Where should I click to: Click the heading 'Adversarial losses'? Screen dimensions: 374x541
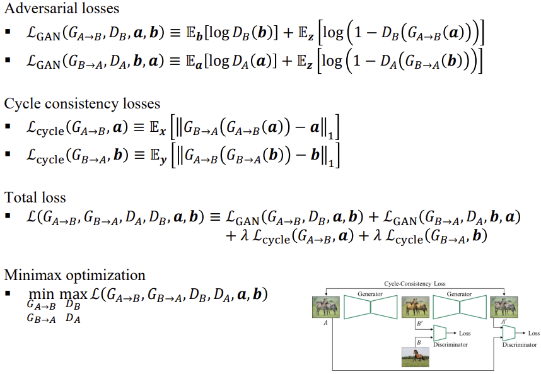(x=62, y=9)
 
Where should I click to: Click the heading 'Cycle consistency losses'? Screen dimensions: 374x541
(x=83, y=103)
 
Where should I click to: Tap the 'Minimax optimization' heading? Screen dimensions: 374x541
(x=75, y=275)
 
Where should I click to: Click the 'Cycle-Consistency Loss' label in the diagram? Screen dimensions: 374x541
(x=415, y=284)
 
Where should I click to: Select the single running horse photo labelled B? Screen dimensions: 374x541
(x=415, y=356)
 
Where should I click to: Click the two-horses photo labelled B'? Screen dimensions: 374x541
(x=415, y=308)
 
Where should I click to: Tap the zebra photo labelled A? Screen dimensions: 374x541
(x=325, y=308)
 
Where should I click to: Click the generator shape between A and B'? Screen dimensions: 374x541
(x=370, y=308)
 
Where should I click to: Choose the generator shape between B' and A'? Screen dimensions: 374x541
(x=459, y=308)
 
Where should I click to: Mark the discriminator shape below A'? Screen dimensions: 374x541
(x=509, y=333)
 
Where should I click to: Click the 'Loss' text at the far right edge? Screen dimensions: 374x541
(x=533, y=333)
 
